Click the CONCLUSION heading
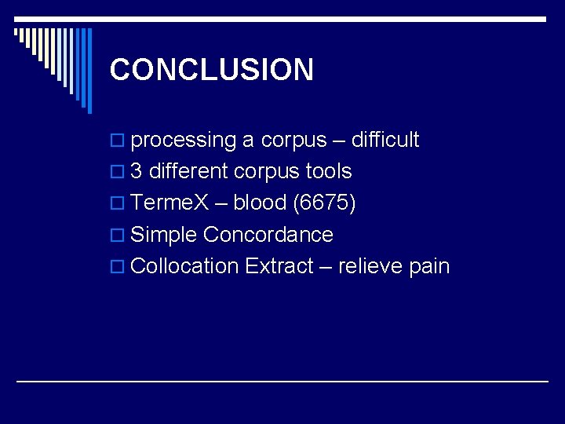pyautogui.click(x=212, y=69)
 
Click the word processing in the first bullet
pyautogui.click(x=184, y=141)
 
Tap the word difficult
pyautogui.click(x=385, y=140)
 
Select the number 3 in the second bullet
pyautogui.click(x=137, y=171)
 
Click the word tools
pyautogui.click(x=329, y=171)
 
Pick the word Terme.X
pyautogui.click(x=169, y=203)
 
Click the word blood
pyautogui.click(x=260, y=203)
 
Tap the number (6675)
pyautogui.click(x=324, y=203)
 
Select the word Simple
pyautogui.click(x=164, y=235)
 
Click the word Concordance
pyautogui.click(x=268, y=235)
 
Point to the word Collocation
pyautogui.click(x=184, y=266)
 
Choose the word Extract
pyautogui.click(x=279, y=266)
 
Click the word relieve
pyautogui.click(x=370, y=266)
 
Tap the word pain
pyautogui.click(x=429, y=267)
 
